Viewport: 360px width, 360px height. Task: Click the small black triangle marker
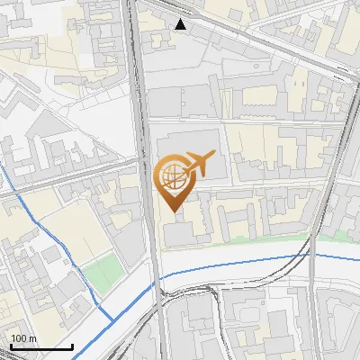click(181, 24)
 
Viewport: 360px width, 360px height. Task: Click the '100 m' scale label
click(23, 338)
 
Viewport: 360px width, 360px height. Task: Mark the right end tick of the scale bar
click(72, 346)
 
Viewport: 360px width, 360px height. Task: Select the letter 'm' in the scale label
click(32, 338)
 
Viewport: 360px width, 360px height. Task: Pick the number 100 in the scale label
click(19, 338)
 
